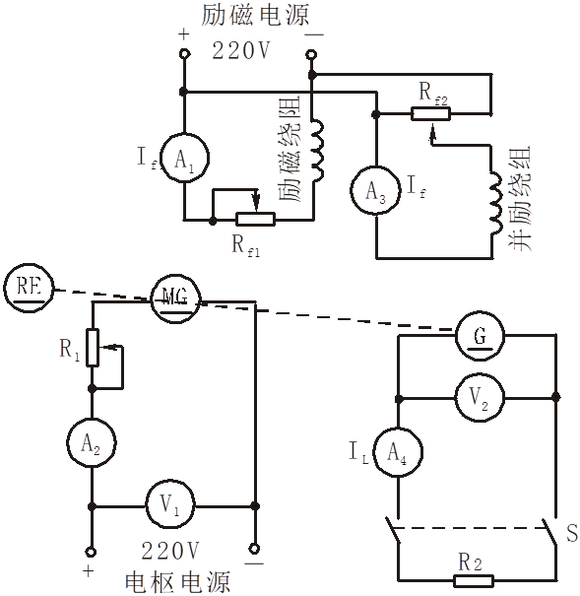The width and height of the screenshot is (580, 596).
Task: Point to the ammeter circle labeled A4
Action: coord(399,453)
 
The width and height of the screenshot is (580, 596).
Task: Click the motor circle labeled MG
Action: coord(175,297)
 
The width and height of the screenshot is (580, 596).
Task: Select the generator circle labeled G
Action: coord(481,337)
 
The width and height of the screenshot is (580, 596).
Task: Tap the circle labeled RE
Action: coord(28,287)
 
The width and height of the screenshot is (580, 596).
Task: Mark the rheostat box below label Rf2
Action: coord(429,113)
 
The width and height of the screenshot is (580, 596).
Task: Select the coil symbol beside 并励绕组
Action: coord(491,207)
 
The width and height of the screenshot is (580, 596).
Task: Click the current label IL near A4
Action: coord(356,452)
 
